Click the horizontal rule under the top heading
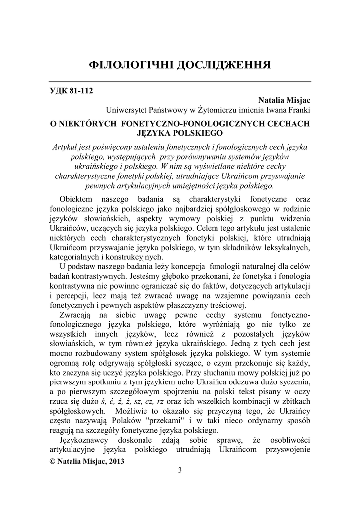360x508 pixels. click(x=180, y=81)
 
